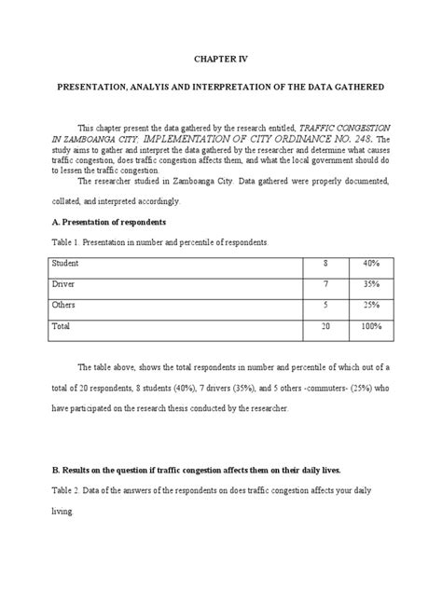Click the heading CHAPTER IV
point(220,57)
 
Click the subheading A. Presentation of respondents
point(109,224)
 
